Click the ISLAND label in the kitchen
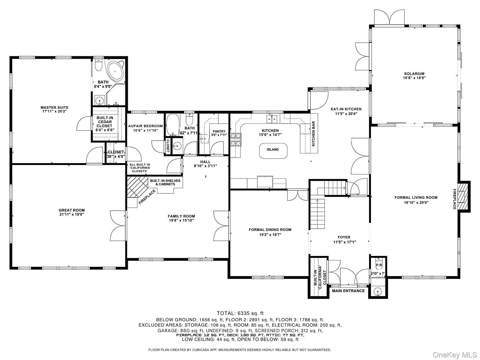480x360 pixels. click(273, 149)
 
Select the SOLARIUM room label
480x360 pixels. click(414, 74)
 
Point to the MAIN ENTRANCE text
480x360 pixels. click(348, 291)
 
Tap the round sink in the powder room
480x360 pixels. click(378, 292)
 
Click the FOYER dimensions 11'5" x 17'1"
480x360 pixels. click(345, 242)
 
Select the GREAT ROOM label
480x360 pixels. click(72, 210)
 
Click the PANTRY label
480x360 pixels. click(219, 131)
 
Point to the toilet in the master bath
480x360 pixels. click(99, 65)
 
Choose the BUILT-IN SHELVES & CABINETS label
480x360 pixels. click(165, 182)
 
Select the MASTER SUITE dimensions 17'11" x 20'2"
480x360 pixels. click(54, 111)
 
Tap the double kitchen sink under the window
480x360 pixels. click(272, 119)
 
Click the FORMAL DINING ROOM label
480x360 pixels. click(270, 230)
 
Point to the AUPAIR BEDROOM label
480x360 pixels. click(145, 126)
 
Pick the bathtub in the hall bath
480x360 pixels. click(173, 125)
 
